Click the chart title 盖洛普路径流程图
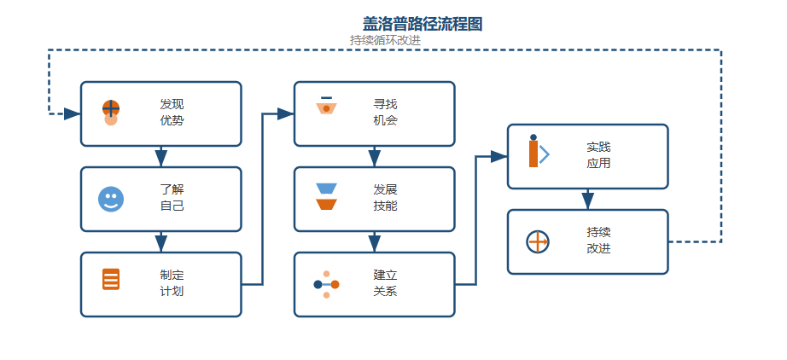422,25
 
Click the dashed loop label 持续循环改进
385,40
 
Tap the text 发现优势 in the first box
172,113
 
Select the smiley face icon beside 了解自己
111,199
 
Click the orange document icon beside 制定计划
111,279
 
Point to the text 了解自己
172,198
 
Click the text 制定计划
172,283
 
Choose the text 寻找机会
385,113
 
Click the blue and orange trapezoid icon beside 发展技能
326,197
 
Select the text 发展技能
385,198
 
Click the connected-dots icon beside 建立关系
326,284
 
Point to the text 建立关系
385,283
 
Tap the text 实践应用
598,155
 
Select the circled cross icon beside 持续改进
538,241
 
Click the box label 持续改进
598,241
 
